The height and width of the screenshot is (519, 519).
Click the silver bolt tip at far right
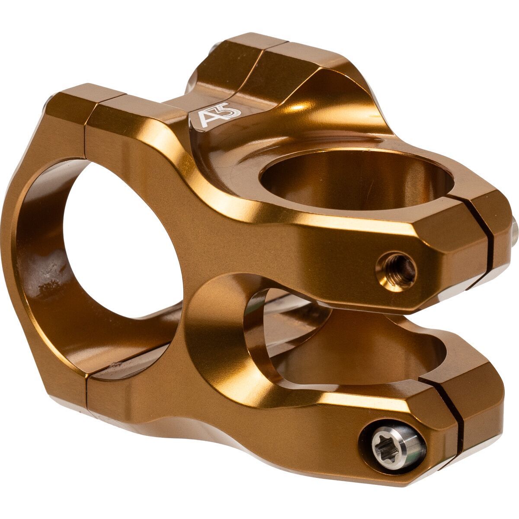(515, 227)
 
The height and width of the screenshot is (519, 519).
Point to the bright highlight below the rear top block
(303, 108)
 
